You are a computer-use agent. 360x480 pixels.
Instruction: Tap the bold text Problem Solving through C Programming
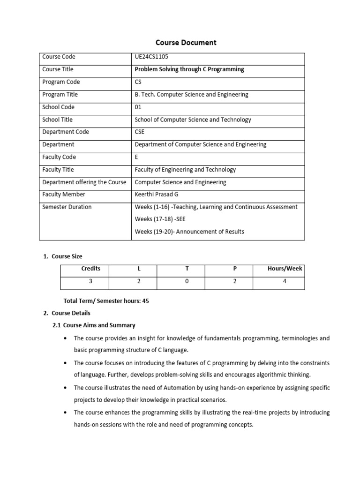[189, 69]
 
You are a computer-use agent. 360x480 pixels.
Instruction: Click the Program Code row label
[61, 82]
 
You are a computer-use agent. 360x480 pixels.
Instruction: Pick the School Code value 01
[138, 107]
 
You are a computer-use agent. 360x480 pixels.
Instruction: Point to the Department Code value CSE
[140, 132]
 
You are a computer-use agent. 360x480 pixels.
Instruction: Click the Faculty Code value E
[136, 157]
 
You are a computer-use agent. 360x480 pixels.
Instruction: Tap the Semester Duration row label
[67, 207]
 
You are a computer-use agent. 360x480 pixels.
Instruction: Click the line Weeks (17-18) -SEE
[161, 219]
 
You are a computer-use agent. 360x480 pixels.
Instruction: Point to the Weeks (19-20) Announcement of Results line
[189, 232]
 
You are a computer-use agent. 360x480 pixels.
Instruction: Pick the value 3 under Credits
[84, 282]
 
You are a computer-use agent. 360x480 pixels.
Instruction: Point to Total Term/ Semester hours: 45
[106, 301]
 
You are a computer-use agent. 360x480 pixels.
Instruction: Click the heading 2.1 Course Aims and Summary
[94, 325]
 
